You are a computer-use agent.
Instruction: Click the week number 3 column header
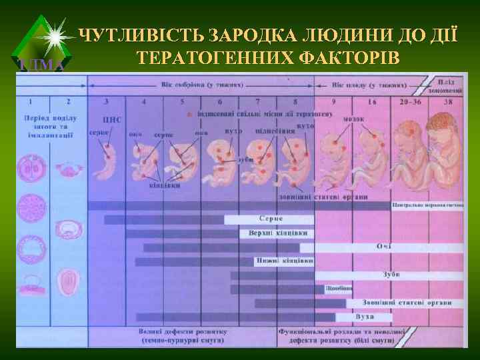107,102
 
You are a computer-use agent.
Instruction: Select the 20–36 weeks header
410,102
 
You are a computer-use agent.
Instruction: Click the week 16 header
371,102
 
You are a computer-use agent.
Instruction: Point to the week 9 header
333,102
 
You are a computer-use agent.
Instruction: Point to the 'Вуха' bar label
365,316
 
